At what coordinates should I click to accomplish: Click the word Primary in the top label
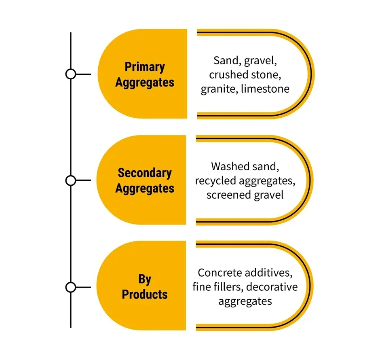click(145, 67)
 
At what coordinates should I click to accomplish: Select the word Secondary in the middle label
click(145, 173)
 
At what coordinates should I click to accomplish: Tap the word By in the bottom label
click(145, 279)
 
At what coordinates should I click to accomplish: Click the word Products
click(145, 294)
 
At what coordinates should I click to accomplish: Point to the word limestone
click(265, 89)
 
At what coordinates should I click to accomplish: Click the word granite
click(220, 89)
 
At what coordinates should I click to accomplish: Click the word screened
click(228, 195)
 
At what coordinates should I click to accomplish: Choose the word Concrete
click(220, 273)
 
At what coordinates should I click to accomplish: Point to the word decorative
click(272, 287)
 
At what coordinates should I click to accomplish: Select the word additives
click(268, 273)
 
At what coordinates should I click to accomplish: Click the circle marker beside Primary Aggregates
click(71, 74)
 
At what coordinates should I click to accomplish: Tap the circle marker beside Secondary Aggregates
click(71, 180)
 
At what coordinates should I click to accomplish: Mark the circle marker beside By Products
click(71, 287)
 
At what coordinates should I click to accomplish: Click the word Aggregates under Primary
click(145, 83)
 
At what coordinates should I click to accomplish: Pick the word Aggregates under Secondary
click(145, 188)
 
